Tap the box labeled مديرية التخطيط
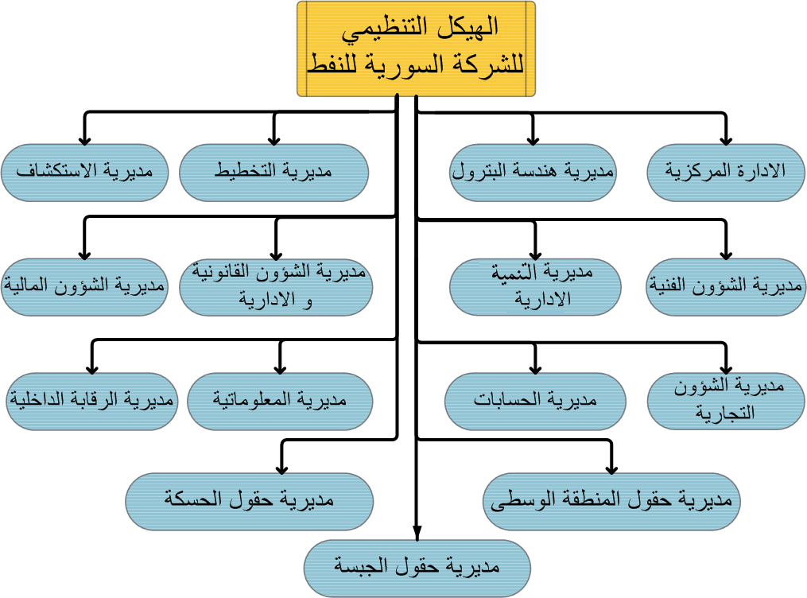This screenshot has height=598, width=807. tap(274, 172)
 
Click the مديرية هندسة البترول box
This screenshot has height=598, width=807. tap(533, 172)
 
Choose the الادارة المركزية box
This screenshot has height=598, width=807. tap(726, 172)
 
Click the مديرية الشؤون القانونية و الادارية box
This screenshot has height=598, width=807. tap(276, 286)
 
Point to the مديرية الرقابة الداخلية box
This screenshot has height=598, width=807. tap(92, 401)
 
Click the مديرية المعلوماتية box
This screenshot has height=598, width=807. tap(280, 401)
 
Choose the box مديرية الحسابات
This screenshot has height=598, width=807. tap(534, 401)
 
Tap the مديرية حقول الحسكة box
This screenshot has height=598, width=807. tap(249, 501)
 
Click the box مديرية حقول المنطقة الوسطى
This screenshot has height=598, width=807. tap(611, 501)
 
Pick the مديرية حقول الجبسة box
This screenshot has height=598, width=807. tap(417, 568)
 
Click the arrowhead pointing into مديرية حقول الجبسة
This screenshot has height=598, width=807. tap(417, 534)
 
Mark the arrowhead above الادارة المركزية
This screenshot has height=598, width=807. tap(726, 138)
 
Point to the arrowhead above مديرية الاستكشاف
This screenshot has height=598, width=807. tap(85, 138)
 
